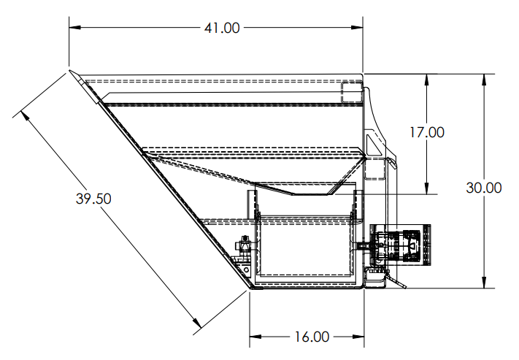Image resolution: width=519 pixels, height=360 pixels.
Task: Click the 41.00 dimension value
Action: pos(222,28)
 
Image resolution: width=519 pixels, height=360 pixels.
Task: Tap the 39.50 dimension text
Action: pos(93,199)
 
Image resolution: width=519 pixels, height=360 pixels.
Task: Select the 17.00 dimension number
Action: pos(427,132)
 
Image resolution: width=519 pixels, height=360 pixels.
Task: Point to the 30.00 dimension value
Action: pos(483,188)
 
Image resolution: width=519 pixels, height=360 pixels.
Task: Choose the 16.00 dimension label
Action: pos(312,337)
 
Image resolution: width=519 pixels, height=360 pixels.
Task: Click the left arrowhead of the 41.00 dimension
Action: pos(75,28)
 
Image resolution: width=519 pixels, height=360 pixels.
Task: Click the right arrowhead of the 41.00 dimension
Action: pos(357,28)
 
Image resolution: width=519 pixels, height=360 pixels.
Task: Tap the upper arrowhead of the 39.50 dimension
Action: pos(24,115)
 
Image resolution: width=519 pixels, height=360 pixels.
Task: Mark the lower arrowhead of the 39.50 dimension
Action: pos(197,322)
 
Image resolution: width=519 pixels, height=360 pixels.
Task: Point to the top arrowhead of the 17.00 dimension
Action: pos(426,80)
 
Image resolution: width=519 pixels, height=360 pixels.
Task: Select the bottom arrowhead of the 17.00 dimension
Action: pos(426,188)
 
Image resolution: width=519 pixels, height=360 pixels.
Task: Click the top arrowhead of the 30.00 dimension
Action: pos(484,80)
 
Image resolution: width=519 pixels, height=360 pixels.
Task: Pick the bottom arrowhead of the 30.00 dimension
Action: pos(484,282)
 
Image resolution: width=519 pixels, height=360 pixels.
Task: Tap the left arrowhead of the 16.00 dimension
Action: pos(255,337)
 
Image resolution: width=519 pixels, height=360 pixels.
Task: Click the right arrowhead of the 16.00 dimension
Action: pos(358,337)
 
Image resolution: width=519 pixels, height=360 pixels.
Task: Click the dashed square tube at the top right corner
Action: pos(352,92)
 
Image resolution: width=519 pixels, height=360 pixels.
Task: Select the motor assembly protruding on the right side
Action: pos(401,245)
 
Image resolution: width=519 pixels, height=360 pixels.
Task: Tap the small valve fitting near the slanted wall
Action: pos(245,245)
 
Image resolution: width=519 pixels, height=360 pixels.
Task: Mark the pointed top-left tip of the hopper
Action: pos(69,71)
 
